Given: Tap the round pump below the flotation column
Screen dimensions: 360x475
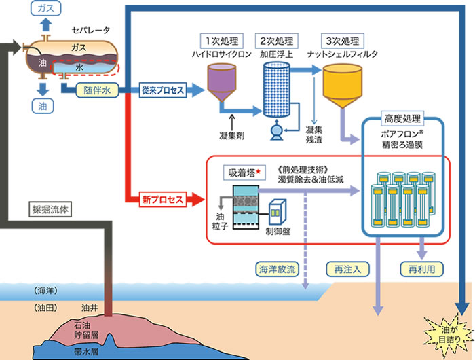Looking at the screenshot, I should (277, 131).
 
